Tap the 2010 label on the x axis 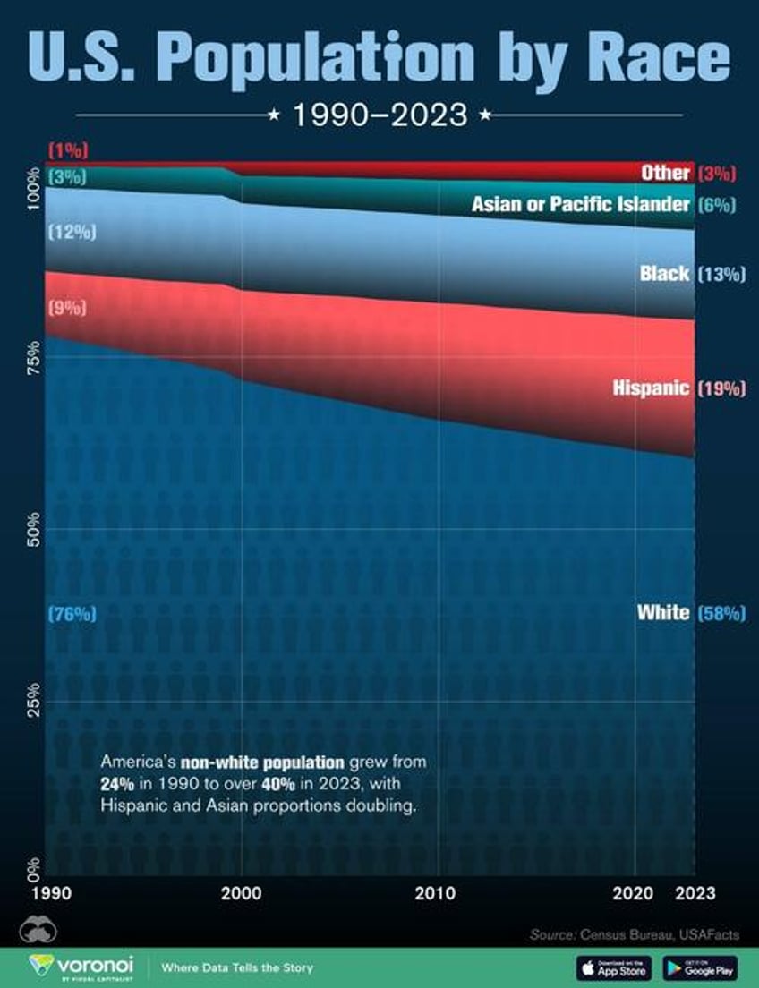point(438,892)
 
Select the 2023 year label point(695,892)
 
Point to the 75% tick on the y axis point(31,356)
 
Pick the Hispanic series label point(651,388)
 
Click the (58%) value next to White point(720,613)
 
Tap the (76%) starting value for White point(71,614)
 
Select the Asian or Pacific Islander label point(581,205)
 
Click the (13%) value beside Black point(720,274)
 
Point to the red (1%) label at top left point(67,149)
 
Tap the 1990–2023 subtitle point(380,115)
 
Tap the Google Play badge point(700,967)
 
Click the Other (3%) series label point(666,172)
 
